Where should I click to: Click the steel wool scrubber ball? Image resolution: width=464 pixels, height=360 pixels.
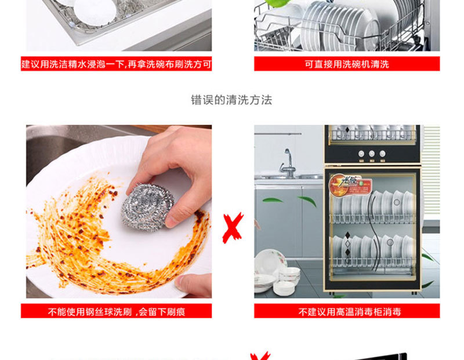(147, 207)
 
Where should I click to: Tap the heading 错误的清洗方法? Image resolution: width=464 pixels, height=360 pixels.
(231, 100)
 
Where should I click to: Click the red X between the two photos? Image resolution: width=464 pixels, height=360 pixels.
(233, 228)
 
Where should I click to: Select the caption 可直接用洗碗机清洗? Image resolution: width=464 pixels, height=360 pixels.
(347, 64)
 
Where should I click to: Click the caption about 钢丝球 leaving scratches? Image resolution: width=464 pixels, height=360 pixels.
(117, 311)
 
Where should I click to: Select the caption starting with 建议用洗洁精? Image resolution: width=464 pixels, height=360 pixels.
(117, 64)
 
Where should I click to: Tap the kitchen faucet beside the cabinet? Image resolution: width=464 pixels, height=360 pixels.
(287, 163)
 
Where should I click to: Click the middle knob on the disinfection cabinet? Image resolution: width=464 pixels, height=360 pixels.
(372, 154)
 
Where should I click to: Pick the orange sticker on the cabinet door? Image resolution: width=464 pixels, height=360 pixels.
(350, 186)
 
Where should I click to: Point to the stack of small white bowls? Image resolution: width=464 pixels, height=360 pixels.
(287, 281)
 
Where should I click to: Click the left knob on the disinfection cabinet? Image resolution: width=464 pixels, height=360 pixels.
(361, 154)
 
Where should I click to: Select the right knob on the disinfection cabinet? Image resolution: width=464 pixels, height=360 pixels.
(382, 154)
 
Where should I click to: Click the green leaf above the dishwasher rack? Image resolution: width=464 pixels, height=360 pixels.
(277, 3)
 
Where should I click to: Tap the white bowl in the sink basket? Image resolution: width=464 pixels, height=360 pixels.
(95, 12)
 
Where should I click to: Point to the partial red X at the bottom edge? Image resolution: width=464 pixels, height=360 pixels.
(260, 355)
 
